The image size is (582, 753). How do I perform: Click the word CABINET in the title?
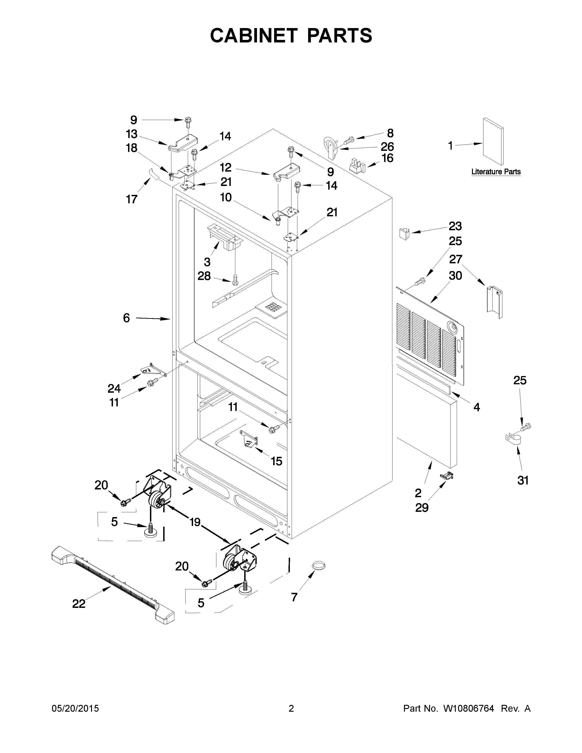pyautogui.click(x=253, y=36)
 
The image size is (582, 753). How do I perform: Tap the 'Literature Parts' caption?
pyautogui.click(x=496, y=172)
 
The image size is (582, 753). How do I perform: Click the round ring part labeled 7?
pyautogui.click(x=319, y=565)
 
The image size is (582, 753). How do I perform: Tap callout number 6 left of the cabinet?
pyautogui.click(x=126, y=318)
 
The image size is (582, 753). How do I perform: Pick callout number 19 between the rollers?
pyautogui.click(x=195, y=522)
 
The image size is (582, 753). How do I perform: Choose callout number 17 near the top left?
pyautogui.click(x=132, y=199)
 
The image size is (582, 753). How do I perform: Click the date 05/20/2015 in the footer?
pyautogui.click(x=75, y=709)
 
